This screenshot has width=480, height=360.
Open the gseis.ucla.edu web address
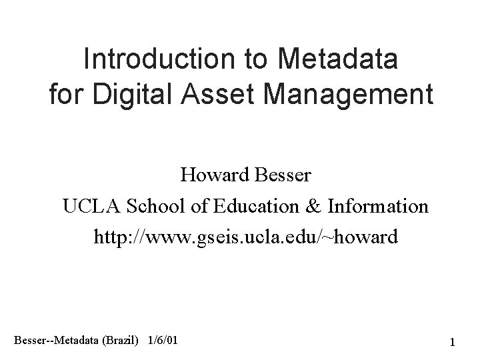(245, 237)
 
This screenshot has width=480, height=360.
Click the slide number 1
(452, 343)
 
